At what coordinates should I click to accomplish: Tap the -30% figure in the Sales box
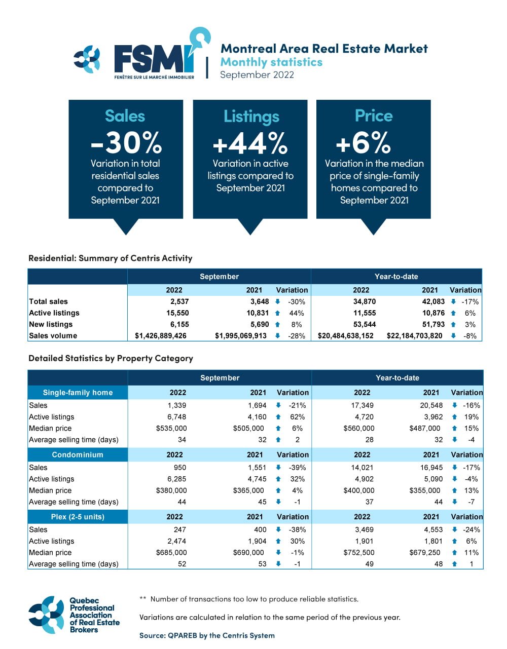(126, 143)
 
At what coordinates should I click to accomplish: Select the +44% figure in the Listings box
(250, 143)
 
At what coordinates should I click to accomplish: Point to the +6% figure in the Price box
(364, 143)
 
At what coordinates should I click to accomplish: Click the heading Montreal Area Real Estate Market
(324, 49)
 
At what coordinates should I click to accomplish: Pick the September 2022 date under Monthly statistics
(257, 74)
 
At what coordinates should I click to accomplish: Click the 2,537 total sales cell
(179, 301)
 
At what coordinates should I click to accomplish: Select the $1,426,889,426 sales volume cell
(161, 336)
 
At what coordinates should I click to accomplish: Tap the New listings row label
(51, 324)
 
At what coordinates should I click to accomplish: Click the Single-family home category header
(78, 393)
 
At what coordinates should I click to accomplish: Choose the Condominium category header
(78, 454)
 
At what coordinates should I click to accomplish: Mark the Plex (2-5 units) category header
(78, 517)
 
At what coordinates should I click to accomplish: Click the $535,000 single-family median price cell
(171, 428)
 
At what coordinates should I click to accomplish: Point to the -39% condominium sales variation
(297, 468)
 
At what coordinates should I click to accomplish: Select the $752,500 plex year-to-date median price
(359, 553)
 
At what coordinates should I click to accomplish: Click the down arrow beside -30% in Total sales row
(277, 301)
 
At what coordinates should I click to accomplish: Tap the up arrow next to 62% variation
(278, 417)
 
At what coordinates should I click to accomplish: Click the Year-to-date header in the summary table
(396, 277)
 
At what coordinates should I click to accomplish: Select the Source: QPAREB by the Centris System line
(207, 635)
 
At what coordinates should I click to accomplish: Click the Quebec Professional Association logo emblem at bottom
(46, 615)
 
